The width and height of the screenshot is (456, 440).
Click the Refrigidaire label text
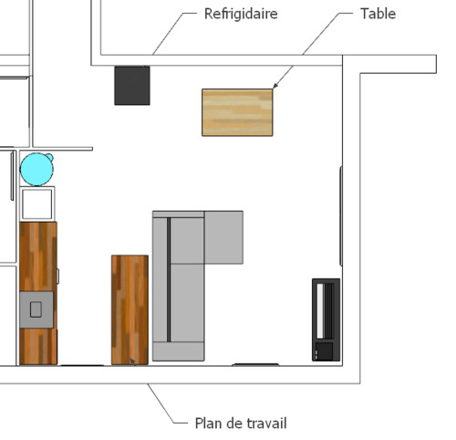(241, 14)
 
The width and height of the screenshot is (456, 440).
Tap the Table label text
(378, 14)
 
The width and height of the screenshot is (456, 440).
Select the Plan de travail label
(241, 424)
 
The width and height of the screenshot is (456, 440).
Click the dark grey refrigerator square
(132, 86)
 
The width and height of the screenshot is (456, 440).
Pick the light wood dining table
(237, 112)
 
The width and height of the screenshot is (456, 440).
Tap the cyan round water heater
(36, 170)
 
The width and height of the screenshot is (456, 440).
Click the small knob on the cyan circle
(49, 157)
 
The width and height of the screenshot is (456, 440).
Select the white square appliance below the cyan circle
(37, 204)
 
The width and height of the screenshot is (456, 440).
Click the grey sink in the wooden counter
(36, 309)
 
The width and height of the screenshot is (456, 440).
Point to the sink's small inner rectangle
(36, 309)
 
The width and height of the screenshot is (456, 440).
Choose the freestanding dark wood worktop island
(130, 309)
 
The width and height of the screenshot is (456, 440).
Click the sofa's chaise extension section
(223, 237)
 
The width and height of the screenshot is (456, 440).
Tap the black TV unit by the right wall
(326, 320)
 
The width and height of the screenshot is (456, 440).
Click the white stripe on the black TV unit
(320, 310)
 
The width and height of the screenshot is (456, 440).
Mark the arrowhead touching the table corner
(275, 86)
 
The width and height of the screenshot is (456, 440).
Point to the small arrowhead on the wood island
(133, 361)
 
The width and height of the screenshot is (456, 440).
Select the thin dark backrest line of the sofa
(169, 279)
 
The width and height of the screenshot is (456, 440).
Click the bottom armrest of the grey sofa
(179, 351)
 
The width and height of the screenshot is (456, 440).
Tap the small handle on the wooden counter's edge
(58, 276)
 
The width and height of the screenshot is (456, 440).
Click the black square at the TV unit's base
(325, 351)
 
